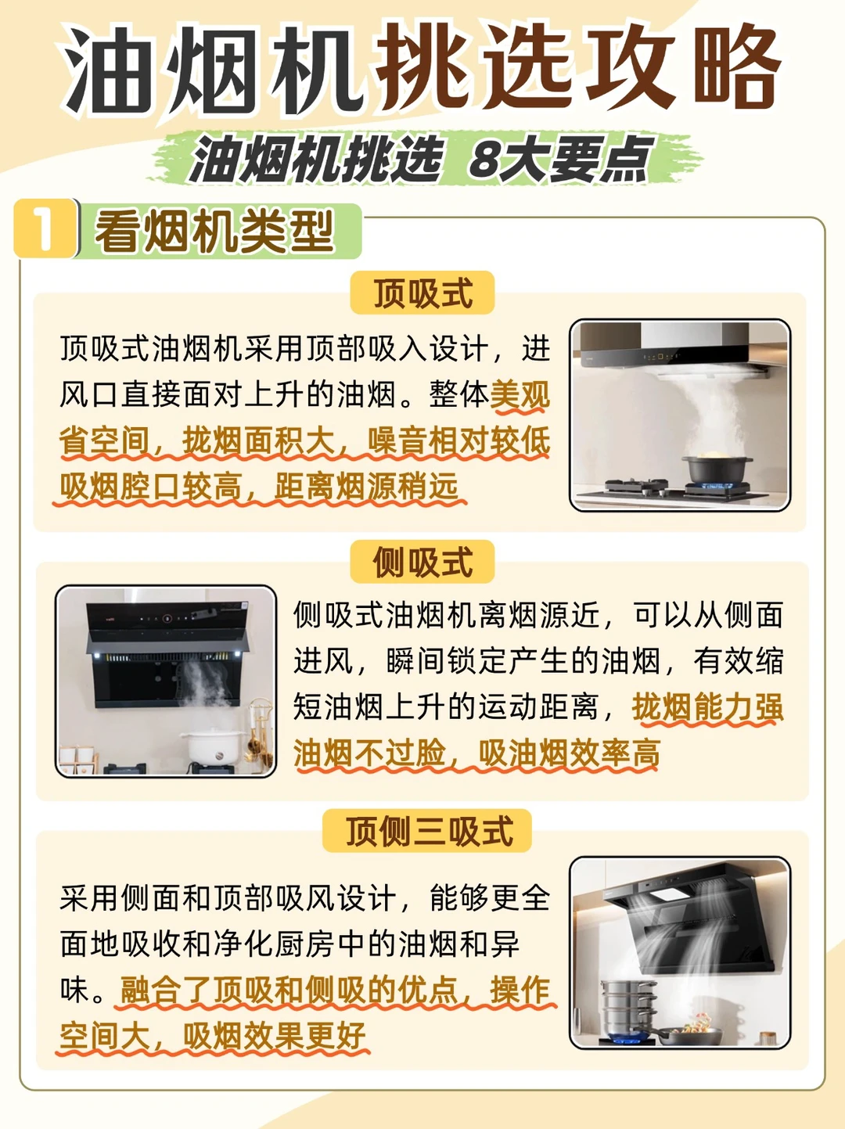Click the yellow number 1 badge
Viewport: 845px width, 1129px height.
pos(45,228)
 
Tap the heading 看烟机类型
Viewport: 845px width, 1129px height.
pos(214,231)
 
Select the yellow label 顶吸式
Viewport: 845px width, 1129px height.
pos(422,293)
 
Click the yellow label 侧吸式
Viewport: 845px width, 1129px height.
pos(422,562)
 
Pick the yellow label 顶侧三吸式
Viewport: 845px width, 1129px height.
pos(427,831)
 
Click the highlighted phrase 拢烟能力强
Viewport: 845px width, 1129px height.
pos(707,707)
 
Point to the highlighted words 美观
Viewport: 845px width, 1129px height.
pos(520,395)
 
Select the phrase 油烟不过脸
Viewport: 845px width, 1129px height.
pos(369,753)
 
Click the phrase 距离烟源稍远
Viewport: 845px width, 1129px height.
pos(366,486)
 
